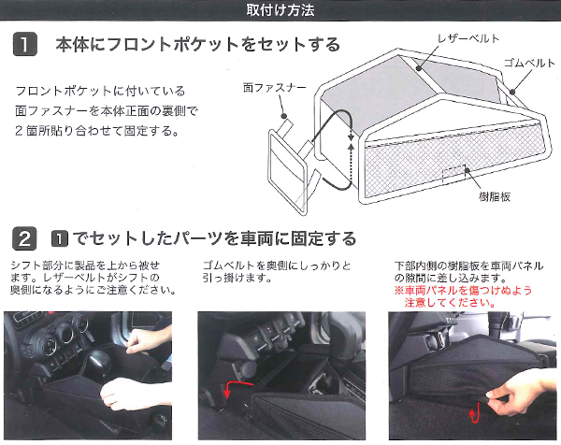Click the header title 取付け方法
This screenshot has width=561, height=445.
click(280, 9)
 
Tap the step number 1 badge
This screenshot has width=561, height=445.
click(25, 44)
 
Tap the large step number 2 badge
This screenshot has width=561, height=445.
click(24, 238)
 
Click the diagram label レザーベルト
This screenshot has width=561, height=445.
click(468, 38)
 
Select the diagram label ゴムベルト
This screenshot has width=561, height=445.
click(529, 63)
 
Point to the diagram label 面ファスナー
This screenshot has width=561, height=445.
click(274, 88)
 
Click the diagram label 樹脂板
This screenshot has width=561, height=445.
click(495, 196)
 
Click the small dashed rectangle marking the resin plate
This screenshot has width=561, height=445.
click(454, 174)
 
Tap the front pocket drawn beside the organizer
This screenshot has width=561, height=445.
click(288, 172)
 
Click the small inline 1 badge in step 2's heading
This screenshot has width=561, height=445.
click(60, 239)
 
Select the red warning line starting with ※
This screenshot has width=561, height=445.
click(463, 290)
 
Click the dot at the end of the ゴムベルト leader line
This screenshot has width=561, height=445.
click(512, 92)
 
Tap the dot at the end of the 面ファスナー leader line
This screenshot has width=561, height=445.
click(284, 116)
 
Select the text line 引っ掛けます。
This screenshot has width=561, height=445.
click(237, 278)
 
